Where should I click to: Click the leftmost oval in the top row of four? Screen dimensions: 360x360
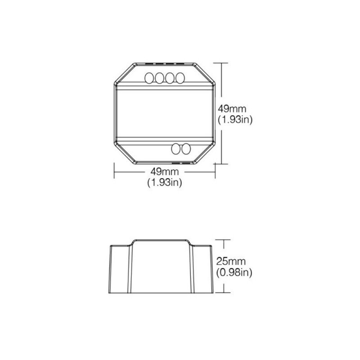coord(149,78)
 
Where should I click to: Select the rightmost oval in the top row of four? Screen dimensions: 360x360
coord(180,78)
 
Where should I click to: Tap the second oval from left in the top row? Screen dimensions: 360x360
coord(160,78)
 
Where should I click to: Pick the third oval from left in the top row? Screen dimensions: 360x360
coord(170,78)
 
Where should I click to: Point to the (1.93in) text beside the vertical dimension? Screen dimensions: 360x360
coord(234,120)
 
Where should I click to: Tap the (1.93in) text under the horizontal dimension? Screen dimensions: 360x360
coord(164,183)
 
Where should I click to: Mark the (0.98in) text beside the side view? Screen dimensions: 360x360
coord(234,272)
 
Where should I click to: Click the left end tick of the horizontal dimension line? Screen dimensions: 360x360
coord(113,171)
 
